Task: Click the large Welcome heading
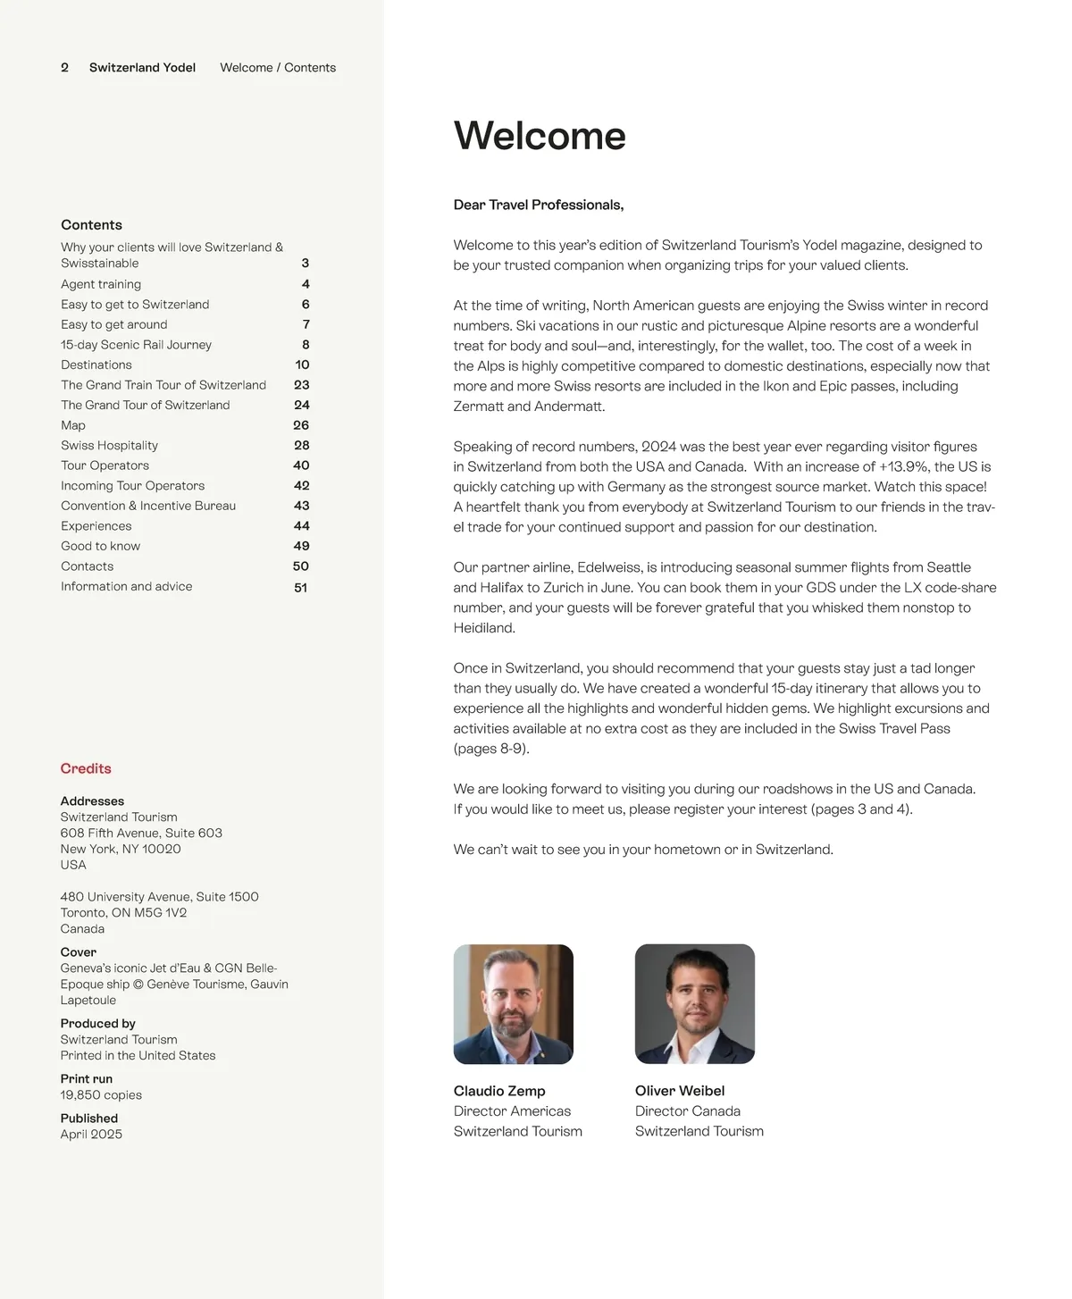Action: (x=540, y=137)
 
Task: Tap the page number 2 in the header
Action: (x=64, y=68)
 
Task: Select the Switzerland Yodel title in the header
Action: (x=142, y=68)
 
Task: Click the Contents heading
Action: (x=91, y=225)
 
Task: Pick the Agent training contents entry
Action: (x=101, y=284)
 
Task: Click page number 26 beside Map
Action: (x=301, y=425)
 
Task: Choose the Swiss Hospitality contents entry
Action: (x=109, y=446)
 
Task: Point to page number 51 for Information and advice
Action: (x=301, y=588)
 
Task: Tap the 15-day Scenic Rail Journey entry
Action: (x=136, y=345)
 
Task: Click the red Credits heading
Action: (x=86, y=768)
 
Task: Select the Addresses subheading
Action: (x=92, y=801)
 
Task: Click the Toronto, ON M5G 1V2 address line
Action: (x=123, y=913)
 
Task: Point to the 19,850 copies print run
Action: (x=101, y=1095)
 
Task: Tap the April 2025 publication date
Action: (x=91, y=1135)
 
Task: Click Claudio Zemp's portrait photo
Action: (x=514, y=1004)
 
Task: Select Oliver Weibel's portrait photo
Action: (x=695, y=1004)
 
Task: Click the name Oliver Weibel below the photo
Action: (x=680, y=1091)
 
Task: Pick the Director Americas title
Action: (x=512, y=1111)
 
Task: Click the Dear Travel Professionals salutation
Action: (x=539, y=205)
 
